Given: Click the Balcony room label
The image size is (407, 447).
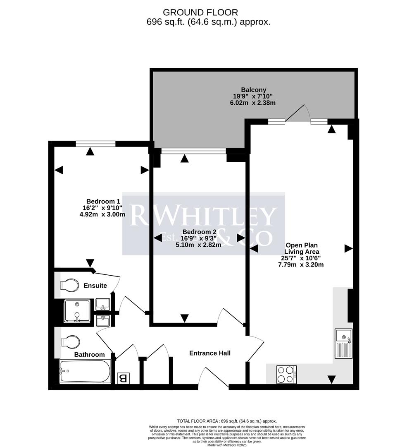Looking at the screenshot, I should (253, 89).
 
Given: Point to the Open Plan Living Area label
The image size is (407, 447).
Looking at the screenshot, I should (302, 248).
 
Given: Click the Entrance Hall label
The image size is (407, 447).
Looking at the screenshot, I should (209, 353).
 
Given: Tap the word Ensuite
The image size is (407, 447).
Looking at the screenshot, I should (95, 286).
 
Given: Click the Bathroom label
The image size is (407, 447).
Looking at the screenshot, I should (89, 355).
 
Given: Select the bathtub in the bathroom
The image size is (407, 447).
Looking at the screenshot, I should (85, 371).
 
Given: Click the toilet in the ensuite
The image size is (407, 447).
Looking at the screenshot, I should (69, 285).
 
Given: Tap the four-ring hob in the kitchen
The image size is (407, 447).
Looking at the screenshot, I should (286, 375).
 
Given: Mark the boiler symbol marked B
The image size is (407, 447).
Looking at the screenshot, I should (123, 378).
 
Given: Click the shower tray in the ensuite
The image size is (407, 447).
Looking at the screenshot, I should (77, 311).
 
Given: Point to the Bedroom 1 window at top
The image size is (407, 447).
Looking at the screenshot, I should (95, 144).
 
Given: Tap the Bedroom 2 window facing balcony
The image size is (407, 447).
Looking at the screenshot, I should (193, 151).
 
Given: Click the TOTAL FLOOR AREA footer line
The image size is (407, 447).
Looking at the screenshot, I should (226, 421).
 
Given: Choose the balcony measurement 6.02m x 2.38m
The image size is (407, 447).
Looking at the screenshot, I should (252, 103).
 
